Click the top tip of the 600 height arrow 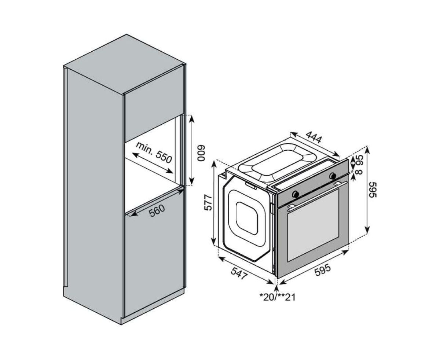(x=192, y=115)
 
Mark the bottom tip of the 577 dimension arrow (x=214, y=245)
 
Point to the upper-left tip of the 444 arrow (x=291, y=132)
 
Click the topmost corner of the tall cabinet (x=126, y=34)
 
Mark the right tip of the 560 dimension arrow (x=184, y=190)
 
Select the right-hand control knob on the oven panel (x=332, y=176)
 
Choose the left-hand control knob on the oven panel (x=296, y=194)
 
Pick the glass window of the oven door (x=313, y=225)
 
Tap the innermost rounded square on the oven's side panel (x=247, y=218)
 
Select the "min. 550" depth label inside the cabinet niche (x=154, y=153)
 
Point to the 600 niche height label (x=201, y=153)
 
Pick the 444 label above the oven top (x=314, y=137)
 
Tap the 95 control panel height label (x=360, y=160)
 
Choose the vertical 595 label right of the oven (x=373, y=190)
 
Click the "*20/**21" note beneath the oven (x=277, y=297)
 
